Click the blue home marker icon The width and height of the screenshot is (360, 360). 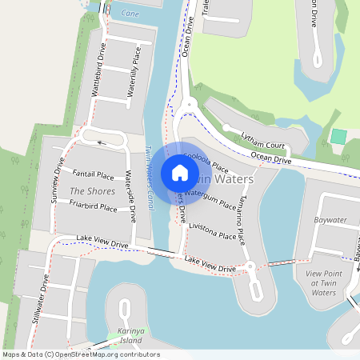[x=180, y=173]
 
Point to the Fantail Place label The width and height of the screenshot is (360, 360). [x=93, y=174]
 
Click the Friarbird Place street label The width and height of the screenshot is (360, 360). [x=93, y=206]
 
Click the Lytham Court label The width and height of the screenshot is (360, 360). [x=265, y=139]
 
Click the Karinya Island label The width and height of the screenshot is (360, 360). [x=124, y=338]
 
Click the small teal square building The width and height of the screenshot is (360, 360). [x=338, y=136]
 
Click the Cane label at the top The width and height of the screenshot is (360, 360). [x=129, y=13]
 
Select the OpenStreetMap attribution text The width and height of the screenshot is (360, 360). [x=80, y=354]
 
